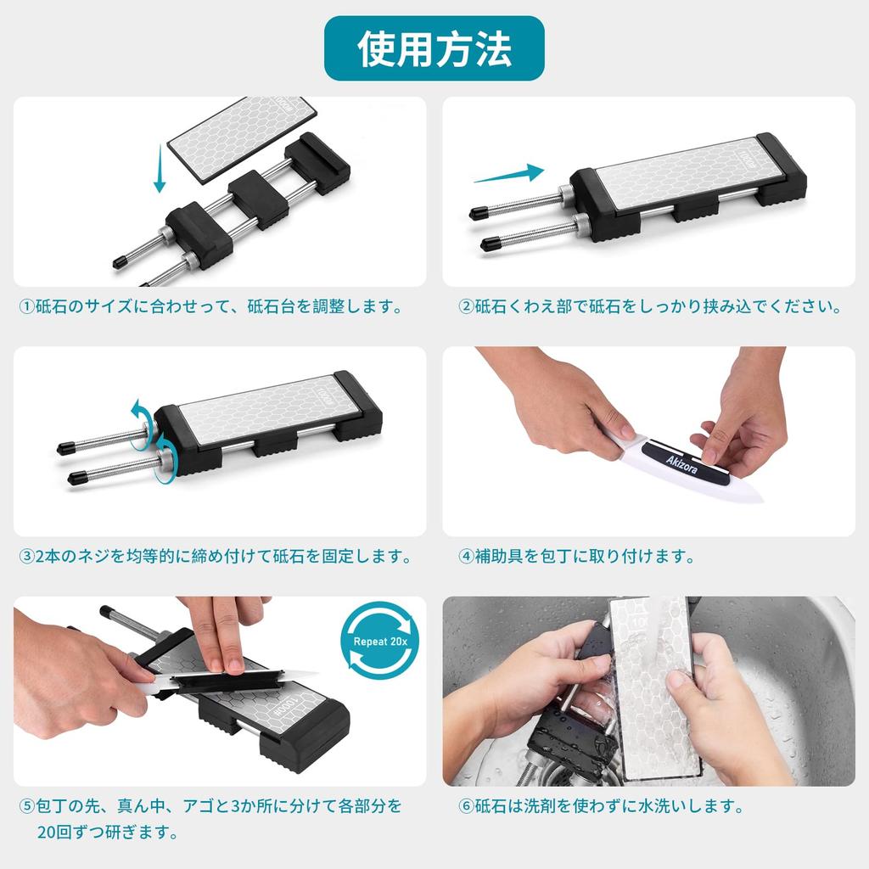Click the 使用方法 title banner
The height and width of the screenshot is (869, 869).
click(434, 48)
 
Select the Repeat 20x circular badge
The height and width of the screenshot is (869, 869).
click(380, 641)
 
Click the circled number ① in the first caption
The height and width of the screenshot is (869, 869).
click(26, 306)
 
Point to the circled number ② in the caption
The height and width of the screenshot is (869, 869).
click(466, 306)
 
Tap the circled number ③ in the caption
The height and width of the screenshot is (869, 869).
click(26, 557)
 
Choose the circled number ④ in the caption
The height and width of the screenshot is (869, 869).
click(466, 557)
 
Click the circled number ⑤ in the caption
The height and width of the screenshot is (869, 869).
click(26, 806)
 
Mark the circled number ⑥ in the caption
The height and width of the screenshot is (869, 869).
click(466, 806)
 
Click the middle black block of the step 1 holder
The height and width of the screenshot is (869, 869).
click(258, 199)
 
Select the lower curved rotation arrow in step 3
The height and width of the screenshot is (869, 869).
click(164, 455)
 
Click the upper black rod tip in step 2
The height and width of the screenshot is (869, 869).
click(479, 213)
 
